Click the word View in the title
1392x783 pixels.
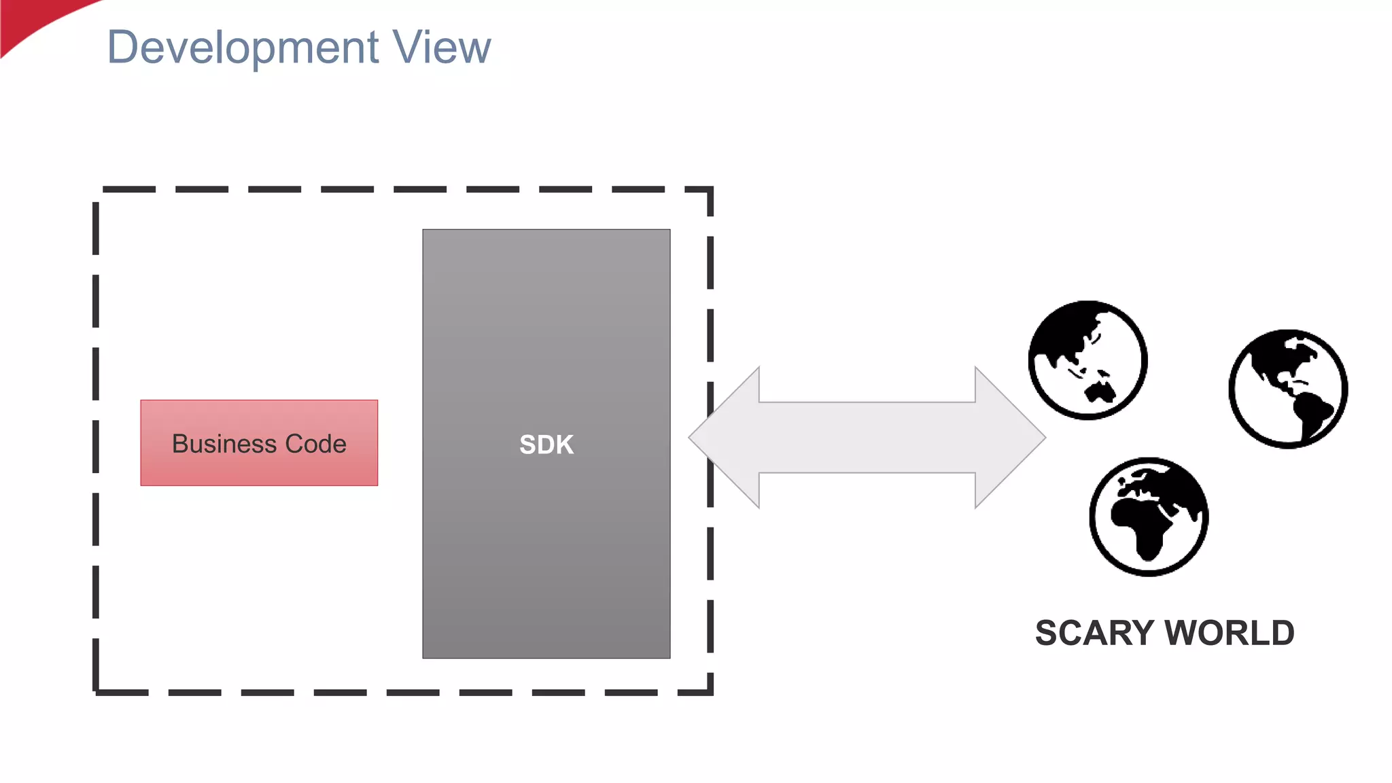coord(442,48)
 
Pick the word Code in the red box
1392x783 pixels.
coord(315,444)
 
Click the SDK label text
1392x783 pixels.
coord(546,445)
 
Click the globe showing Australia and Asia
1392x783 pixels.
coord(1087,360)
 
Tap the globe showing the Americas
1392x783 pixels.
coord(1288,389)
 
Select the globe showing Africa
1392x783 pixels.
coord(1149,517)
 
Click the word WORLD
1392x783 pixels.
coord(1230,633)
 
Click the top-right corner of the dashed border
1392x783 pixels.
coord(710,190)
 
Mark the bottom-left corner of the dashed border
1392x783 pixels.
coord(97,691)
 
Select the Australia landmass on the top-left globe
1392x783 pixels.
coord(1100,393)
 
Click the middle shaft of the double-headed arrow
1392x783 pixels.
coord(867,438)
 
